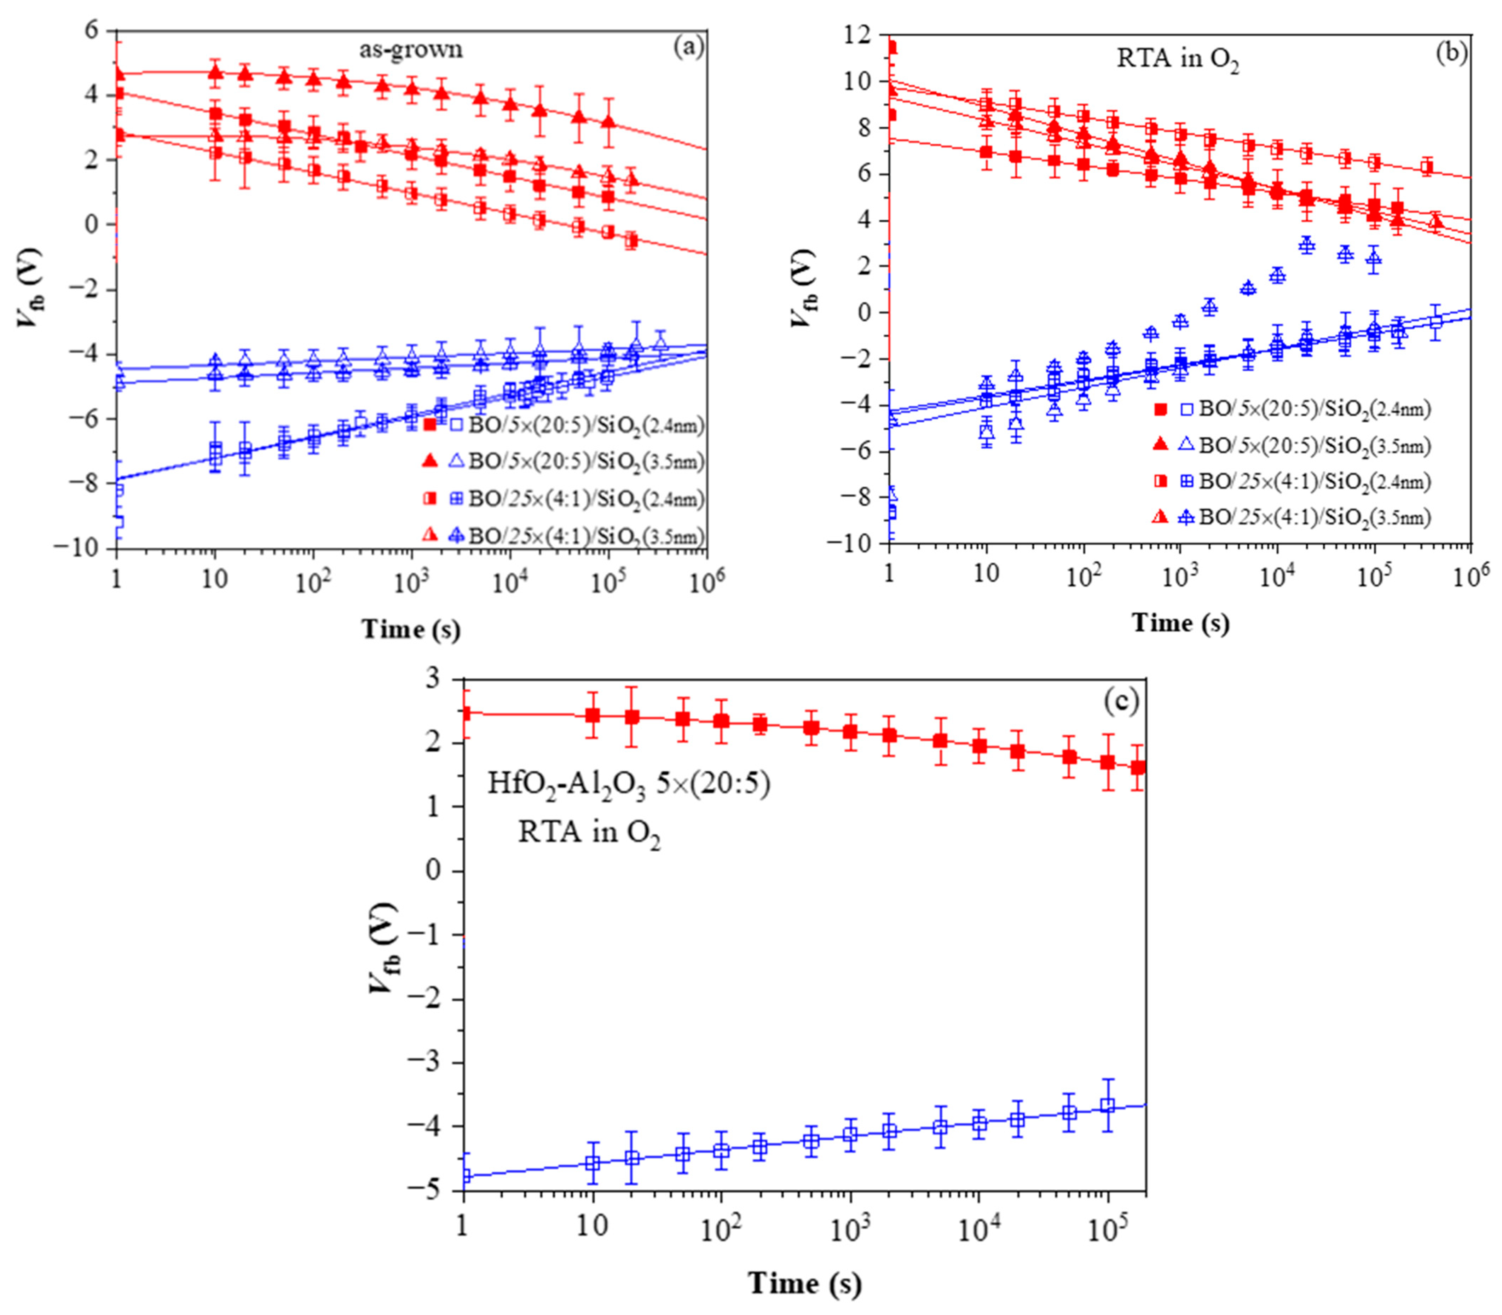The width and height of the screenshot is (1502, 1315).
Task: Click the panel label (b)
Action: coord(1451,53)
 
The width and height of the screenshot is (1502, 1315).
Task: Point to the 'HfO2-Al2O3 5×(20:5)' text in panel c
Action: coord(629,784)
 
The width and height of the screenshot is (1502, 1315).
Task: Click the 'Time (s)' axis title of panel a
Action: coord(411,629)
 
